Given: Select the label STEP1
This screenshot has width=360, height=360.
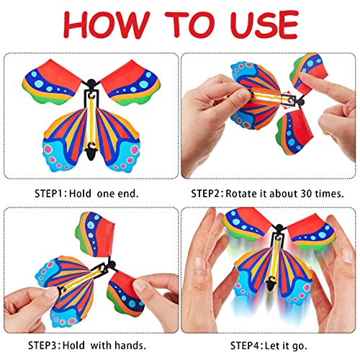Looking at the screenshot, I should [55, 194].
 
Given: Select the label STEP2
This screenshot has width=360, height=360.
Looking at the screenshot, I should [209, 194].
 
